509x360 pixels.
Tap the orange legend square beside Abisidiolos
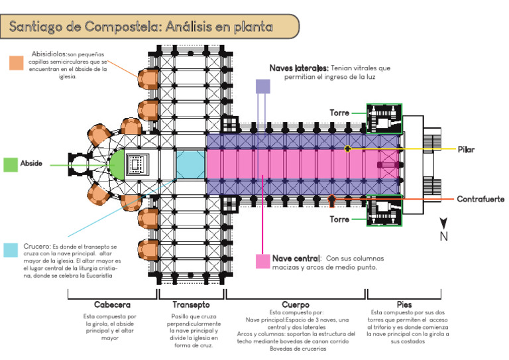pos(17,62)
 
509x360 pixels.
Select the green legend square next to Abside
pos(10,164)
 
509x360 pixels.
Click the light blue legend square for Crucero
pos(11,249)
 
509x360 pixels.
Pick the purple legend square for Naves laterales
pos(263,86)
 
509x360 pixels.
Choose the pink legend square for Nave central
pos(262,261)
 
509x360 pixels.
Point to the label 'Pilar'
pos(466,149)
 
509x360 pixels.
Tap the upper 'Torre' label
pos(339,113)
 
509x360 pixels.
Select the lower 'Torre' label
pos(339,218)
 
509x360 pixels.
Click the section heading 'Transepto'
pos(191,306)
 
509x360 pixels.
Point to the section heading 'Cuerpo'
pos(295,305)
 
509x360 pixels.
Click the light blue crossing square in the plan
pos(190,164)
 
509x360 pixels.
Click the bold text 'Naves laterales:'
pos(299,68)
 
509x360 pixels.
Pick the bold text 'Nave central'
pos(296,258)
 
